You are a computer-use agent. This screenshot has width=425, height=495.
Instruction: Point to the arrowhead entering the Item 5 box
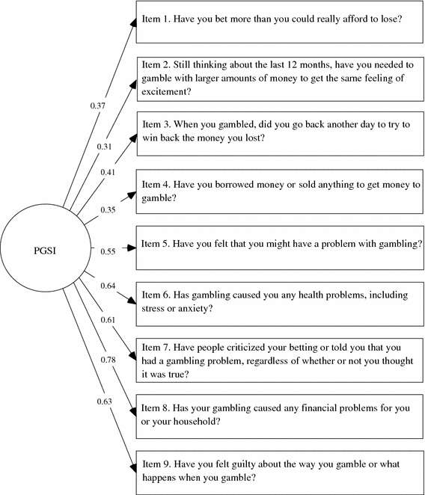[134, 245]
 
